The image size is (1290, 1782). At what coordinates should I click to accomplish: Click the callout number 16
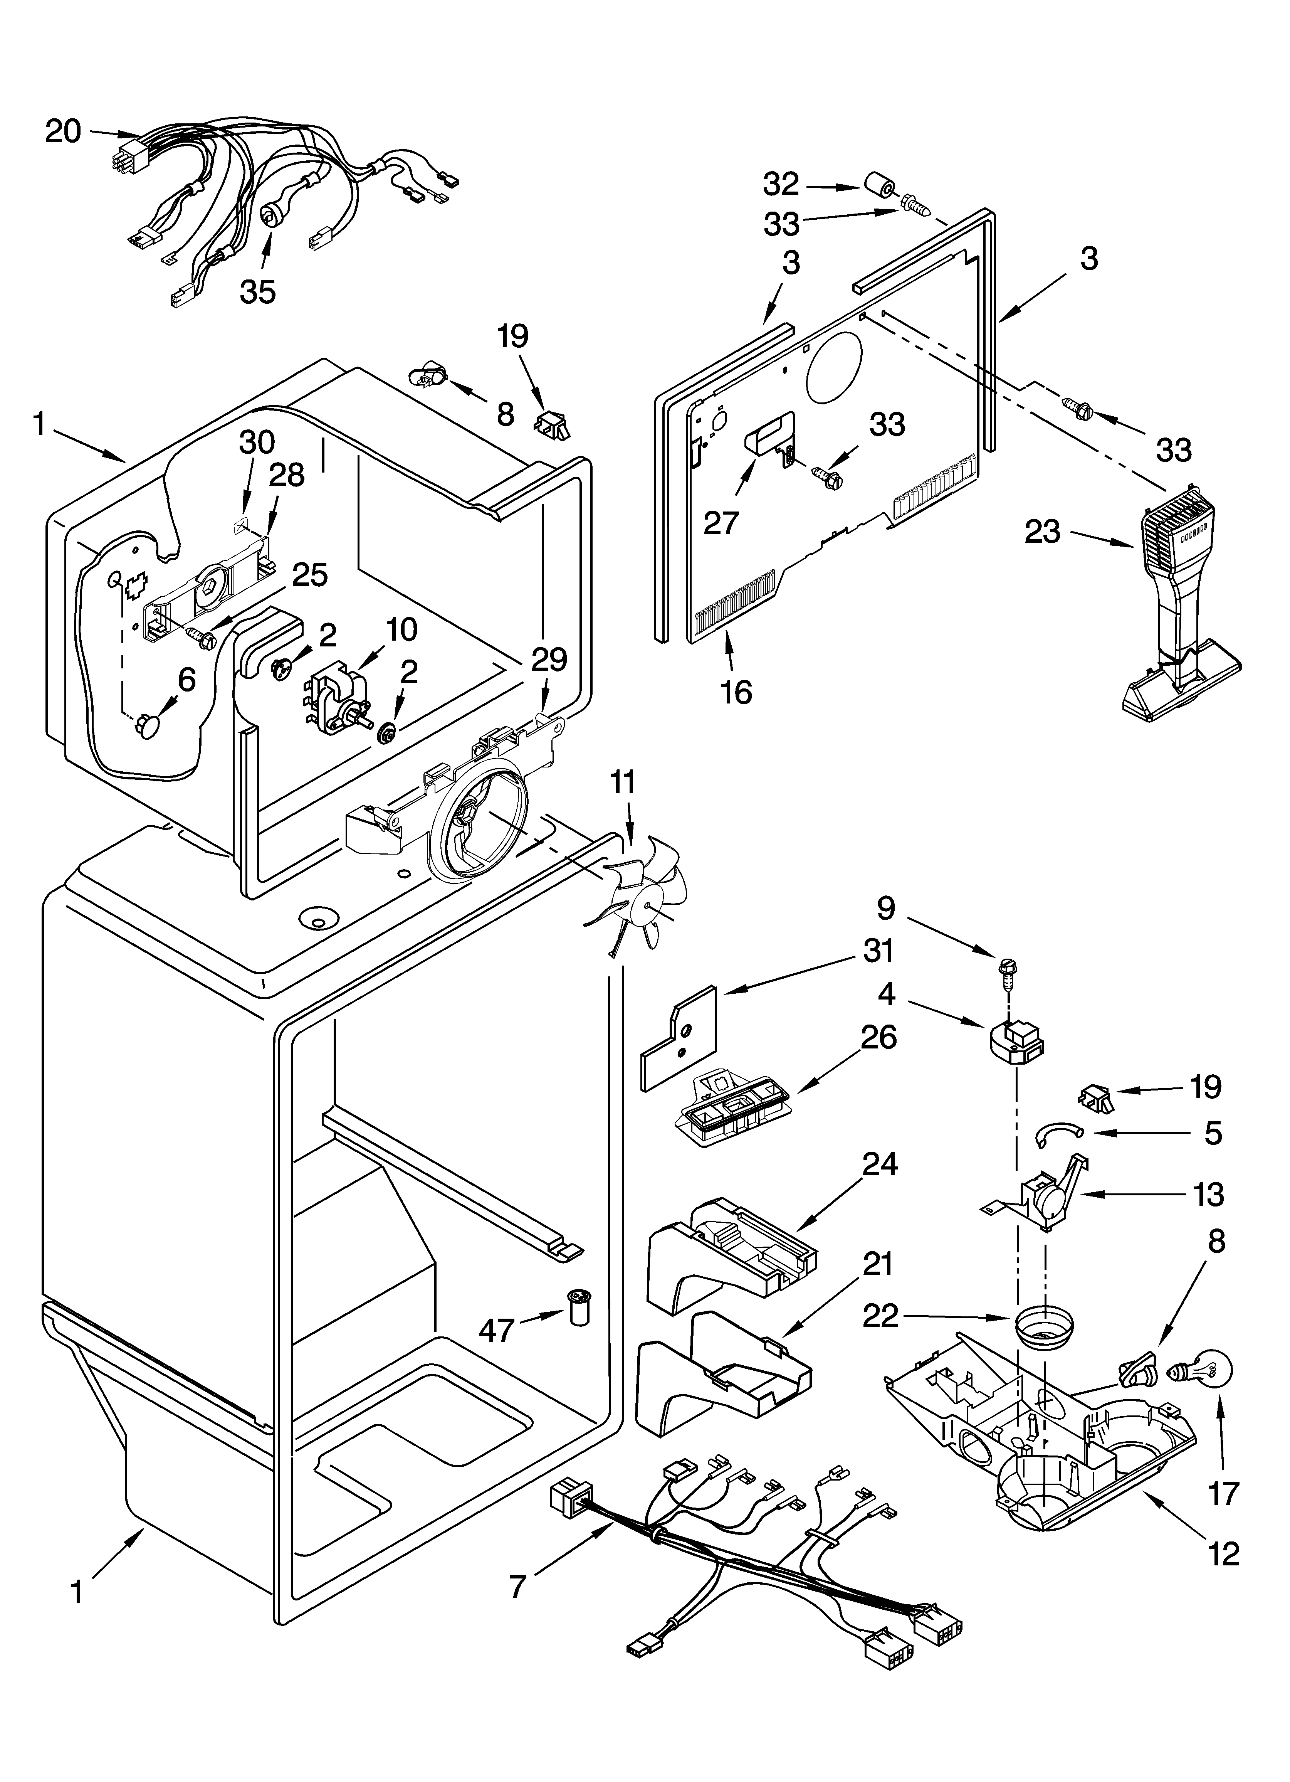point(736,692)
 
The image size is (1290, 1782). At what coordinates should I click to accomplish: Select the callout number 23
point(1043,533)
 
